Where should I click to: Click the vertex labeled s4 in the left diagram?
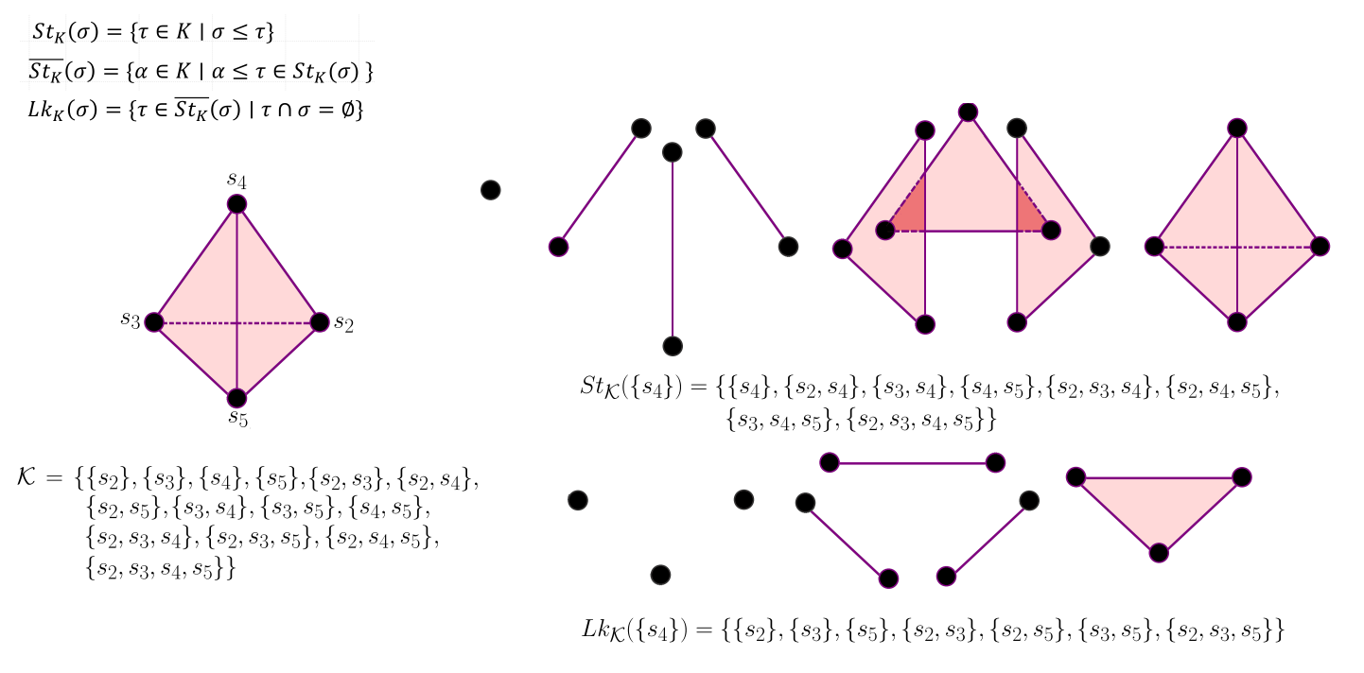pos(236,204)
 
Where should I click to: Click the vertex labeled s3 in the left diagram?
pos(154,321)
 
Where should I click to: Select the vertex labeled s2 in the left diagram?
pos(320,321)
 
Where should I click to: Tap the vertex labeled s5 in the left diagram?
pos(236,398)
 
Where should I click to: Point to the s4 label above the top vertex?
pos(236,179)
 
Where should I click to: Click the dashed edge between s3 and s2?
pos(199,322)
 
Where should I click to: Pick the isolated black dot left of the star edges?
pos(490,190)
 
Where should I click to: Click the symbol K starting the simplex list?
pos(26,477)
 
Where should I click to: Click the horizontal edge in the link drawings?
pos(912,463)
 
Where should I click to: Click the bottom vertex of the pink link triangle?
pos(1159,553)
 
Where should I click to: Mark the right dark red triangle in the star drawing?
pos(1028,216)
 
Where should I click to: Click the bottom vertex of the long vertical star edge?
pos(673,346)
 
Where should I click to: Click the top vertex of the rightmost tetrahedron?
pos(1236,128)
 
